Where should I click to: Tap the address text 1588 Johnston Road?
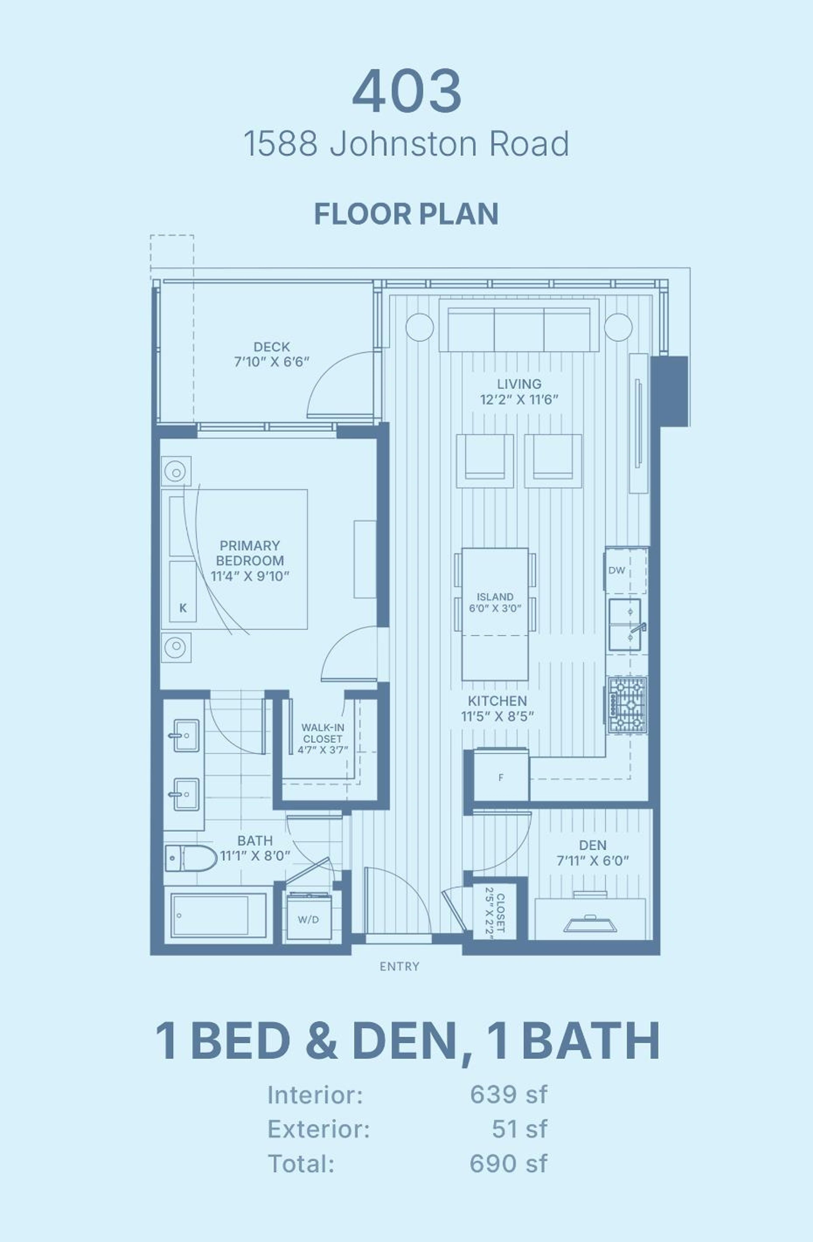click(406, 144)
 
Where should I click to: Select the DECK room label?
click(271, 347)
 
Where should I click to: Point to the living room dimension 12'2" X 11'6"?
click(519, 400)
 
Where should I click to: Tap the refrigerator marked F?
click(501, 778)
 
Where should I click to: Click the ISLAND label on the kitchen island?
click(495, 597)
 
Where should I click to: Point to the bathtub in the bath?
click(218, 915)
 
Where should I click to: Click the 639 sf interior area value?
click(509, 1095)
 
